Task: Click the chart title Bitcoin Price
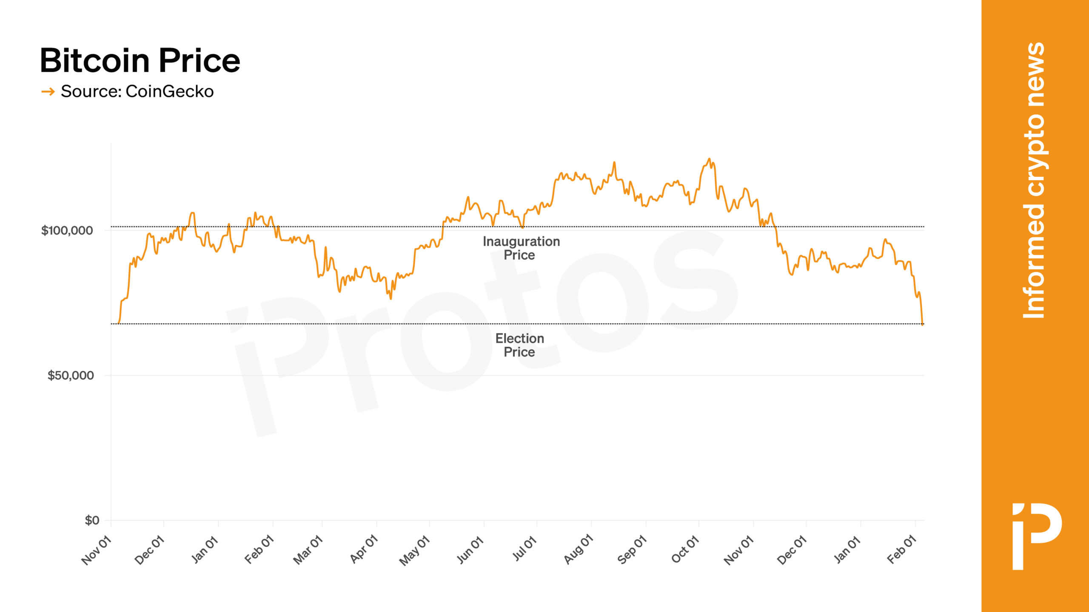point(140,60)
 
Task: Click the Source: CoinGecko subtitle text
point(137,91)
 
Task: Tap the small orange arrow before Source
point(48,91)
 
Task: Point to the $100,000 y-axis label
point(67,230)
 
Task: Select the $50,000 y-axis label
point(71,375)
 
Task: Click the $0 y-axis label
point(92,520)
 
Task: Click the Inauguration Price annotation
point(521,248)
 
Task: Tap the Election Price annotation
point(519,345)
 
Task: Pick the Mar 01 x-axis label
point(308,550)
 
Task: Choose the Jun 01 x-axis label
point(470,550)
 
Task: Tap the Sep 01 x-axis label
point(632,550)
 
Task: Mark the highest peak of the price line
point(709,159)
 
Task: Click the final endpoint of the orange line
point(922,325)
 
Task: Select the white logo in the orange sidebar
point(1036,536)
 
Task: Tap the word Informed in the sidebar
point(1034,261)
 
